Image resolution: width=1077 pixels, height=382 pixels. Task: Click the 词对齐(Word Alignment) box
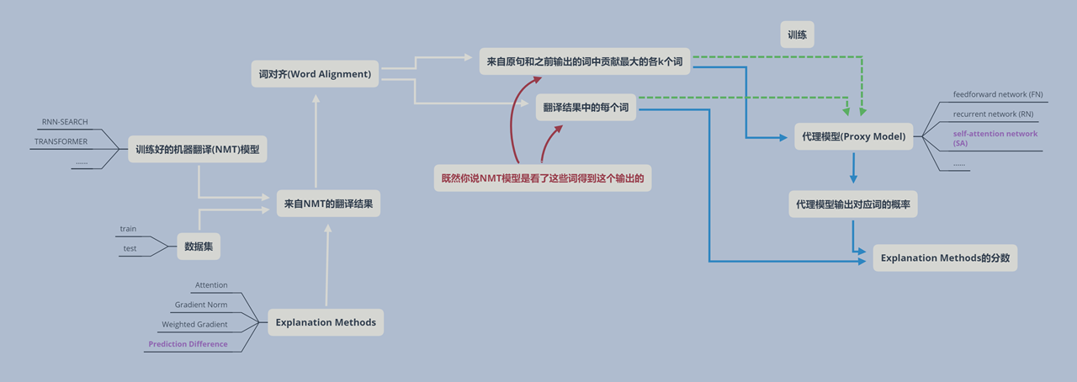coord(316,74)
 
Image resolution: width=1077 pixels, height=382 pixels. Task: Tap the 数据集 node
coord(198,247)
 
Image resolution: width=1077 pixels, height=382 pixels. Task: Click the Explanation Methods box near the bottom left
coord(326,322)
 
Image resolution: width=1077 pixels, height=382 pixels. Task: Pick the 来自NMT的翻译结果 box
coord(328,204)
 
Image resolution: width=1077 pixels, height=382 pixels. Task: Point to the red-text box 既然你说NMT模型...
coord(542,178)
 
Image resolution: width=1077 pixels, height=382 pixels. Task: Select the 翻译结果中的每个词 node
coord(586,109)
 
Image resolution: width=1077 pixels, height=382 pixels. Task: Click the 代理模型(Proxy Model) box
coord(854,137)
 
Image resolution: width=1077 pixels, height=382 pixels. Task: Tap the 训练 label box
coord(797,35)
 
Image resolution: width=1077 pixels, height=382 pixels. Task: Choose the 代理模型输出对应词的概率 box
coord(853,204)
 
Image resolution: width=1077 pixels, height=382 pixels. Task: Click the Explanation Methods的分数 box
coord(945,257)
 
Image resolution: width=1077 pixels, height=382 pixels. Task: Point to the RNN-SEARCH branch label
coord(65,122)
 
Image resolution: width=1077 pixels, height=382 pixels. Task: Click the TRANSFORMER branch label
coord(61,141)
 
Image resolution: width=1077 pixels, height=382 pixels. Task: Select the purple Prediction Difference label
coord(188,344)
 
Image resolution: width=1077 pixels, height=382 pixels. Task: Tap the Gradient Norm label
coord(201,305)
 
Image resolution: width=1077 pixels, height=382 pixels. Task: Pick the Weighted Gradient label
coord(194,324)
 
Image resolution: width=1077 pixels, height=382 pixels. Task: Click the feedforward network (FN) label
coord(998,94)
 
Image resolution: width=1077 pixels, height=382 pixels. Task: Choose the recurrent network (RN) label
coord(993,114)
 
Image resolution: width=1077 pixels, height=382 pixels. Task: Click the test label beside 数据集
coord(130,248)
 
